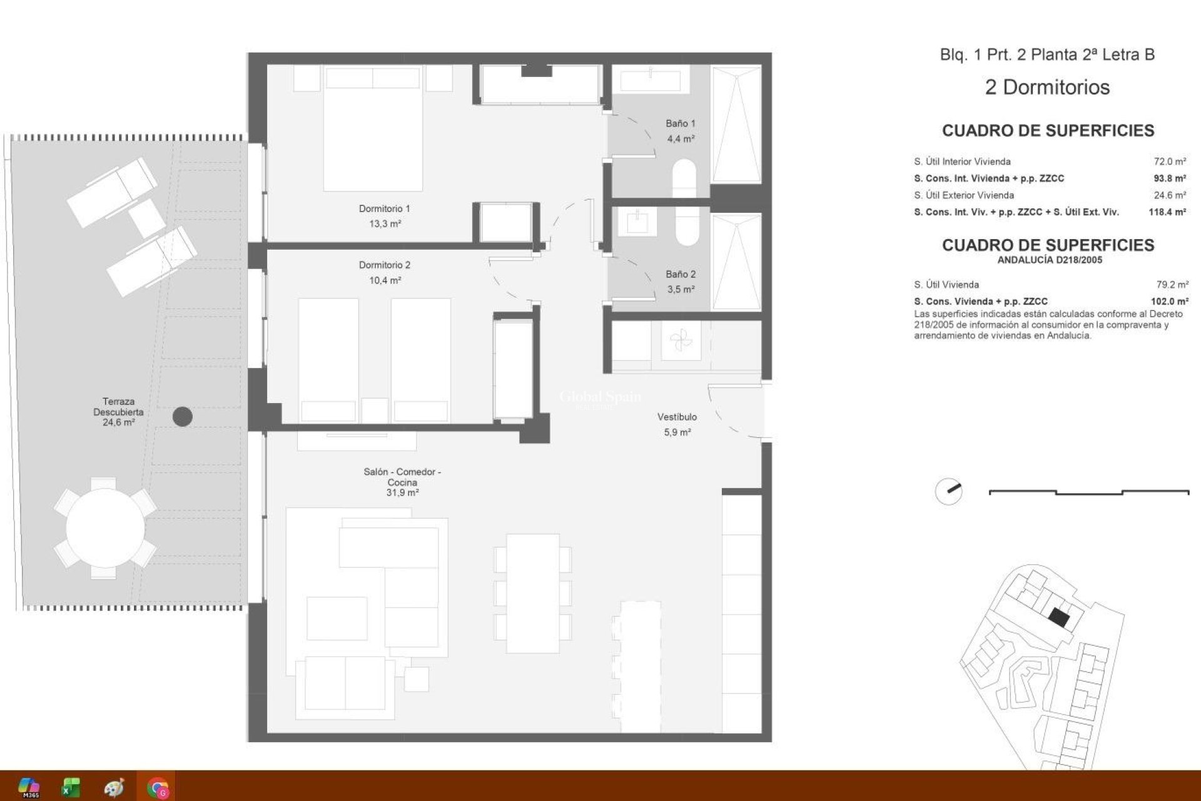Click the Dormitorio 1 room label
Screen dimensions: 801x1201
pyautogui.click(x=384, y=208)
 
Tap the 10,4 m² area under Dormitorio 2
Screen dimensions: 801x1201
pyautogui.click(x=385, y=280)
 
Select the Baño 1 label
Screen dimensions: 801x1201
pyautogui.click(x=680, y=123)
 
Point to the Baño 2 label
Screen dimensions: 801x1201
pyautogui.click(x=680, y=274)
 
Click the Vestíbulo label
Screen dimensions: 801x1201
pyautogui.click(x=677, y=417)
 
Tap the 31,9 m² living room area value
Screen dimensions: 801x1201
pyautogui.click(x=402, y=493)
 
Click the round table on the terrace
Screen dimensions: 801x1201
pyautogui.click(x=105, y=528)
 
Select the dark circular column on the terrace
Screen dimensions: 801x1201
pyautogui.click(x=183, y=416)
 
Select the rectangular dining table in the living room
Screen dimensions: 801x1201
pyautogui.click(x=532, y=593)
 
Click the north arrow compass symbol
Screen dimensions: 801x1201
pyautogui.click(x=949, y=491)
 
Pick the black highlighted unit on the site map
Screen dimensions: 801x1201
pyautogui.click(x=1058, y=618)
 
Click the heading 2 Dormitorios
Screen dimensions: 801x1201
pyautogui.click(x=1047, y=87)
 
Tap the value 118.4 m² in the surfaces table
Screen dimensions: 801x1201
pyautogui.click(x=1167, y=212)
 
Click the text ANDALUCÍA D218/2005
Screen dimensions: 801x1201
pyautogui.click(x=1049, y=260)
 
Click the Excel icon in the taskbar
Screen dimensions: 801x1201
pyautogui.click(x=71, y=787)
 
